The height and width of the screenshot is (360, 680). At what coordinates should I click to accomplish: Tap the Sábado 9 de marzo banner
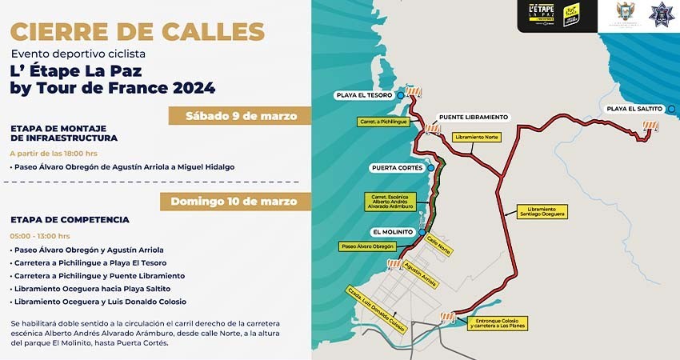[x=241, y=116]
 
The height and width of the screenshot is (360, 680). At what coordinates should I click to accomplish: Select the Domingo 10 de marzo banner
[x=234, y=202]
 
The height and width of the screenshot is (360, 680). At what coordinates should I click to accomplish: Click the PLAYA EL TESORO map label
[x=368, y=95]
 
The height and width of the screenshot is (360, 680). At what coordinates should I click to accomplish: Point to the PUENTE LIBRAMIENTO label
[x=474, y=117]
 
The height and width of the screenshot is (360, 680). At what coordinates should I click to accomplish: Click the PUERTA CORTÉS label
[x=398, y=168]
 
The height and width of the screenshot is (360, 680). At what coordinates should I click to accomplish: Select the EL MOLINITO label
[x=393, y=232]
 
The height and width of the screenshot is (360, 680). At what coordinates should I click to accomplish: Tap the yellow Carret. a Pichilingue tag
[x=382, y=122]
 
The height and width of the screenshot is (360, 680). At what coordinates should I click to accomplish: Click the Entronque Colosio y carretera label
[x=496, y=324]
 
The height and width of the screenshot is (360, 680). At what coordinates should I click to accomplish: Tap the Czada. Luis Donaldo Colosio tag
[x=375, y=309]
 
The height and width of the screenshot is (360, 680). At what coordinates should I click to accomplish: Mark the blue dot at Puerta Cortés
[x=431, y=168]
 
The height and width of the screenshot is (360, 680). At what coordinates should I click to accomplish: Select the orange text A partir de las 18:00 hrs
[x=54, y=152]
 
